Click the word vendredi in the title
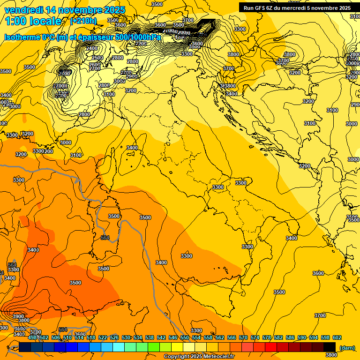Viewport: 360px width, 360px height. click(x=23, y=10)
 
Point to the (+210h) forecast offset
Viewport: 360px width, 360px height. click(x=83, y=21)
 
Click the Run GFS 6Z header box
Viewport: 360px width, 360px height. click(x=297, y=7)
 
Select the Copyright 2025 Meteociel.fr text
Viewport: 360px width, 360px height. click(x=199, y=356)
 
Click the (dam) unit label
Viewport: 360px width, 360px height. click(x=346, y=347)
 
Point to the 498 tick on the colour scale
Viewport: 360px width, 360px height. click(x=32, y=337)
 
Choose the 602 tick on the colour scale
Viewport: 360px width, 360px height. click(x=337, y=337)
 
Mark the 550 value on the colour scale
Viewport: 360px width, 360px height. click(x=185, y=337)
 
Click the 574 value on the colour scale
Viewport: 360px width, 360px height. click(x=255, y=337)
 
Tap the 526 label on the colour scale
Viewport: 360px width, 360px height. click(x=114, y=337)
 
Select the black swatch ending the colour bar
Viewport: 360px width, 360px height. click(x=330, y=347)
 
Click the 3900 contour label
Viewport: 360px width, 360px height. click(x=18, y=316)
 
